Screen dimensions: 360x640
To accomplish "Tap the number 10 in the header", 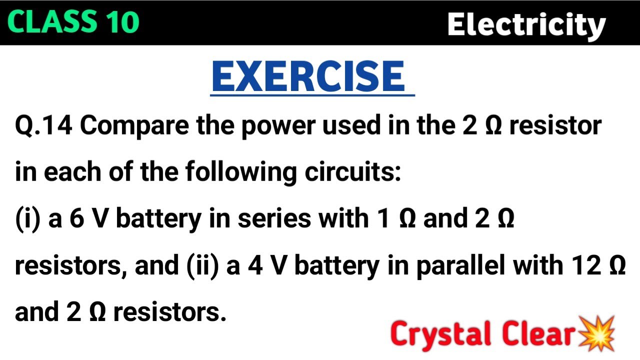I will click(x=120, y=22).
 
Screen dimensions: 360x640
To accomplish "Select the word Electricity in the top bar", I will click(x=526, y=25).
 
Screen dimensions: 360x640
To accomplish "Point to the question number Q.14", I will click(x=44, y=126).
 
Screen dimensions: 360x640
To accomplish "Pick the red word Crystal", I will click(x=436, y=334).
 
